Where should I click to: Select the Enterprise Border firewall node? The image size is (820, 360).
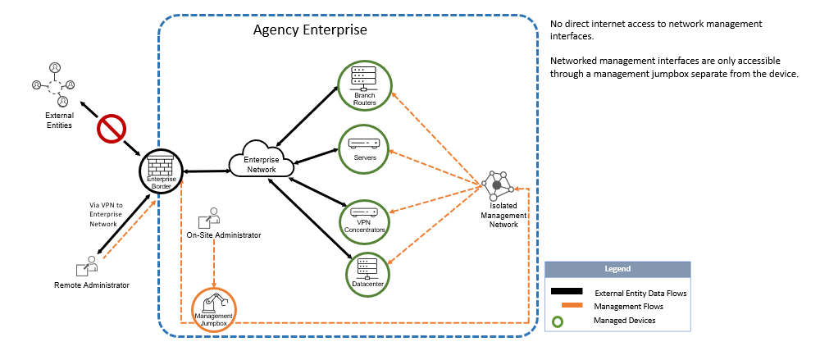(162, 173)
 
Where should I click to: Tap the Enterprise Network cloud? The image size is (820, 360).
(261, 162)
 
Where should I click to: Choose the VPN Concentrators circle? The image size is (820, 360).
(364, 217)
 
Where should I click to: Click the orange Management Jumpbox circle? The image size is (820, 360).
(214, 310)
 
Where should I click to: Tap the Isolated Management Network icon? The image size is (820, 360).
(497, 186)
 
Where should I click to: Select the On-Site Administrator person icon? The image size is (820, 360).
(209, 219)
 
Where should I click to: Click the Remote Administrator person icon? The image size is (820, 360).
(88, 267)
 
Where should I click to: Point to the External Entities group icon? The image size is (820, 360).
(53, 84)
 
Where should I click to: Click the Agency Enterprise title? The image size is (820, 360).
(309, 30)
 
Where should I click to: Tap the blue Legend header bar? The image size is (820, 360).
(617, 269)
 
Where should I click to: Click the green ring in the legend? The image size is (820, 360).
(558, 321)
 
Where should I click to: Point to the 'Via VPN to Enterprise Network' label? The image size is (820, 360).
(105, 214)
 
